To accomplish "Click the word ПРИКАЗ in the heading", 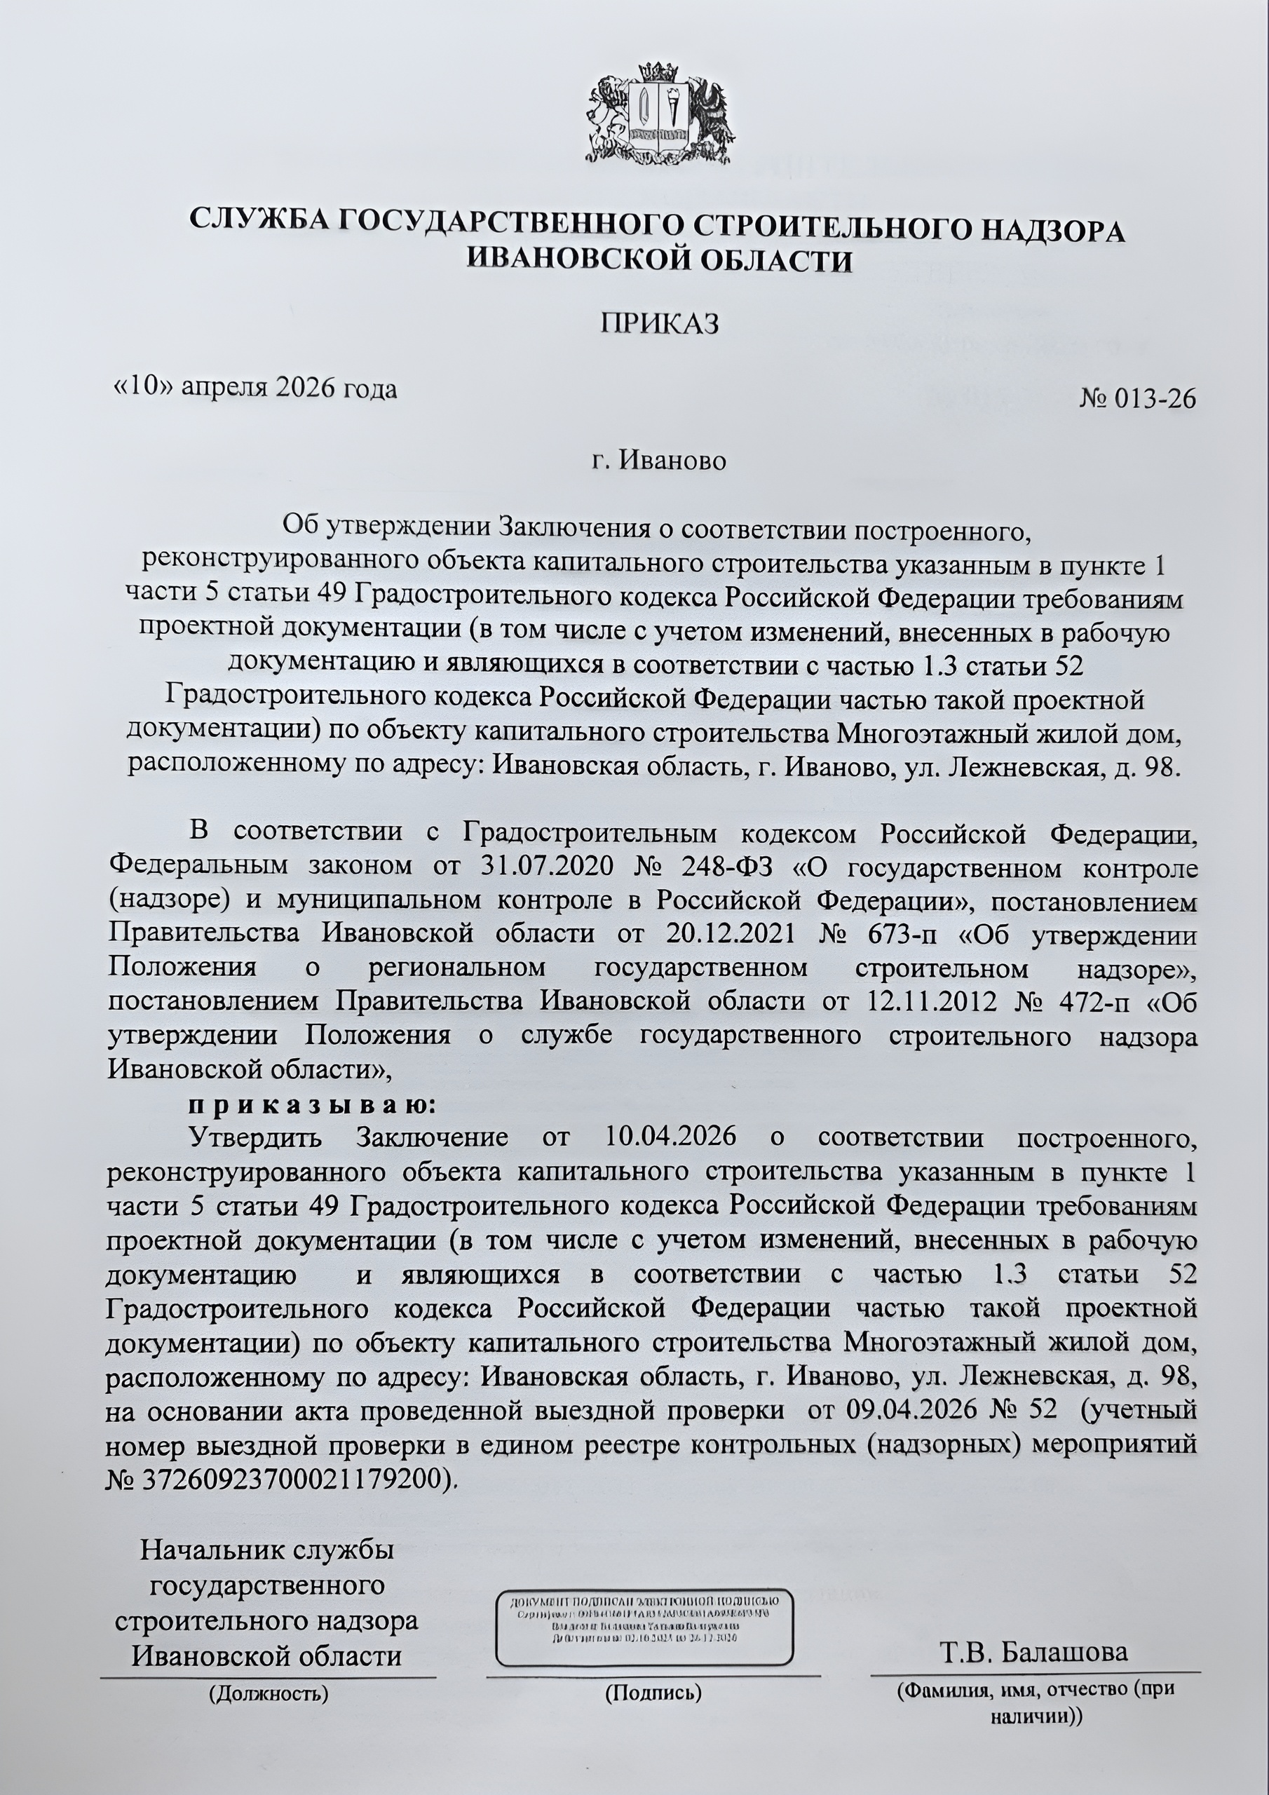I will pyautogui.click(x=658, y=323).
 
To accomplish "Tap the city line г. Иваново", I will pyautogui.click(x=658, y=461).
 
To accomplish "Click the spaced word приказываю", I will pyautogui.click(x=310, y=1106).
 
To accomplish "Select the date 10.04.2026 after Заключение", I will pyautogui.click(x=670, y=1137).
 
